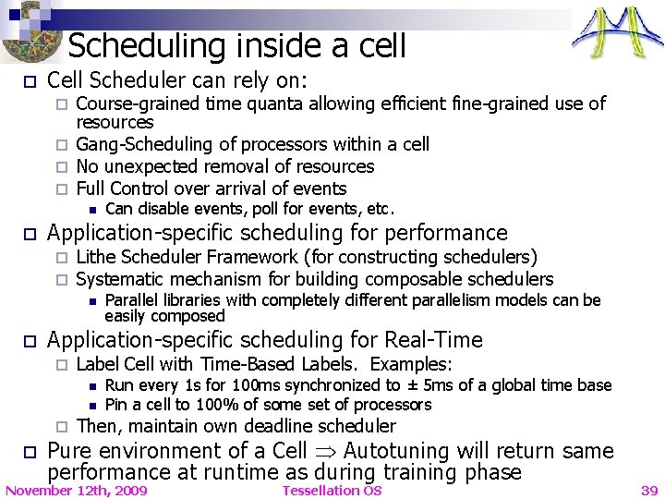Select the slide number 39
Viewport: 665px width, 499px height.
(x=649, y=490)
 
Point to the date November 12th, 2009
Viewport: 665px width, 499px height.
(x=76, y=490)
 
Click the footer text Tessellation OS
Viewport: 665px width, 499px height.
(x=332, y=490)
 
